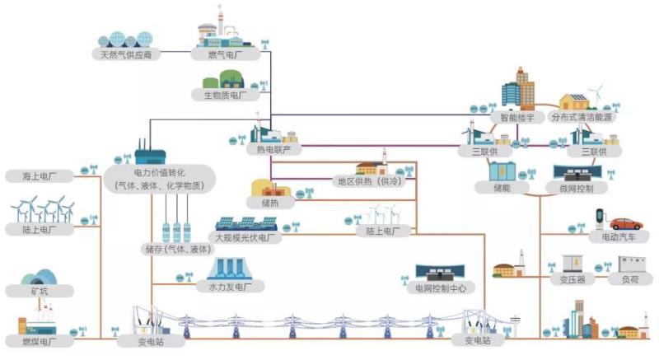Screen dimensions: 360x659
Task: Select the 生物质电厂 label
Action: (x=226, y=96)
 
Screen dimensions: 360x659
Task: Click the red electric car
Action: (x=625, y=223)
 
